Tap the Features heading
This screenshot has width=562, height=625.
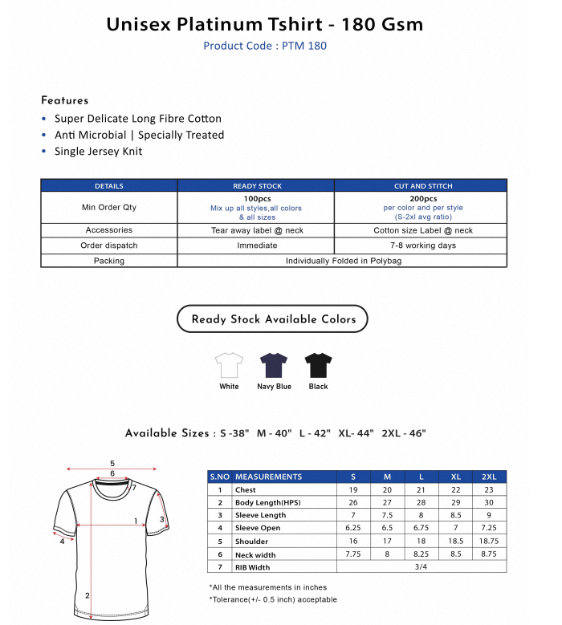coord(65,100)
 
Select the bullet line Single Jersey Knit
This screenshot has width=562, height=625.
coord(98,151)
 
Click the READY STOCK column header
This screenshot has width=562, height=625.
coord(257,186)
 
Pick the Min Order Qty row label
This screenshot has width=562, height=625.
coord(109,207)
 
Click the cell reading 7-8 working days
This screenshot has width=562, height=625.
coord(422,246)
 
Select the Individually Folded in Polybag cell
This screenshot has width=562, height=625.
coord(342,261)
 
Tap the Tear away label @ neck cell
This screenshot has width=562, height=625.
coord(257,230)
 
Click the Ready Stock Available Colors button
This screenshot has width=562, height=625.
coord(273,319)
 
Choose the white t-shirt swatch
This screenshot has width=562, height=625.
coord(229,366)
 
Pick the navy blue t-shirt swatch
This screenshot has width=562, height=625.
coord(274,366)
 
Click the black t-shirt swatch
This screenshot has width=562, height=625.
coord(318,366)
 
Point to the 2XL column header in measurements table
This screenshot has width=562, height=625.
coord(490,477)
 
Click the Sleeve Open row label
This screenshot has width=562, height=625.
coord(258,528)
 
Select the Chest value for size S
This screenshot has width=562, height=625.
coord(353,489)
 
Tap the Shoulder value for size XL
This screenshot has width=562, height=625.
coord(455,541)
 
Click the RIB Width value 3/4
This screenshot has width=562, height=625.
coord(421,566)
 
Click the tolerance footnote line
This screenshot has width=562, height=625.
coord(273,599)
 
